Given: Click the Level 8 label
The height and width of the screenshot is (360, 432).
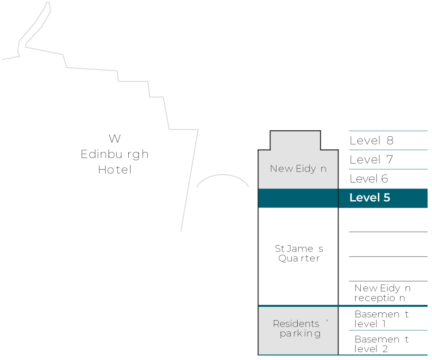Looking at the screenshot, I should coord(371,141).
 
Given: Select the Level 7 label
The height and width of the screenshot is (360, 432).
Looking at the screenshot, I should coord(371,160).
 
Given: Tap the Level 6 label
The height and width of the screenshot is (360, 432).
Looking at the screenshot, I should coord(369,179).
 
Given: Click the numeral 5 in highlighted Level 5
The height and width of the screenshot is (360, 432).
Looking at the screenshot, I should coord(386,198).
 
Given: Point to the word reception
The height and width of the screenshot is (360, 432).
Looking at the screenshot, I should coord(380,298).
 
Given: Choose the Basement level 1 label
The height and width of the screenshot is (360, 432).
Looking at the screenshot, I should coord(381,319).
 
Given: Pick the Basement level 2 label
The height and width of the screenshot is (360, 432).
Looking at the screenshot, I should coord(381,343).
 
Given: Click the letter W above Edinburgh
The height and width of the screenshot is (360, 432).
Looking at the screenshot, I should coord(114,139).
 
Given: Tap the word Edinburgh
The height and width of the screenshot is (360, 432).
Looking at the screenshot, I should coord(114,154).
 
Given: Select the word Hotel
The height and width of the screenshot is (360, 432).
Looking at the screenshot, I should coord(115,170).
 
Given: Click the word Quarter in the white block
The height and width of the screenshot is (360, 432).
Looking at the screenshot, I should coord(299,259).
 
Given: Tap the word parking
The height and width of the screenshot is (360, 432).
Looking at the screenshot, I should coord(300,334).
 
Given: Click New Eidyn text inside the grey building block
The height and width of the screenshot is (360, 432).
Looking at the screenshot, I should coord(298,169).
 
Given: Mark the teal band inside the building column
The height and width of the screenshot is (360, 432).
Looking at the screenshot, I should coord(298,198).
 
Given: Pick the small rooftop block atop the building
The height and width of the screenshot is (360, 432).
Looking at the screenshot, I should coord(295,140).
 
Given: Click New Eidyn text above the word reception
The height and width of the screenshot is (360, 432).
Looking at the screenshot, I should coord(382,288).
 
